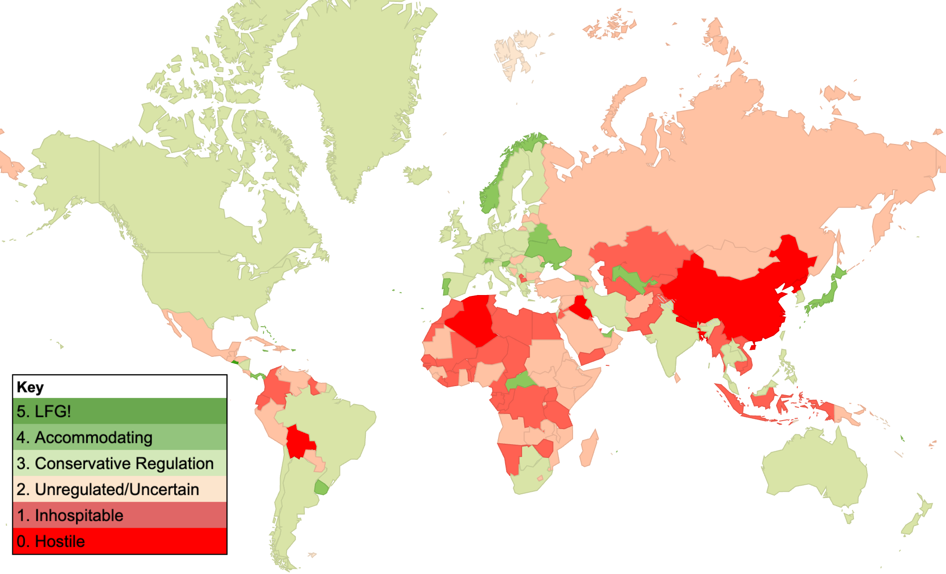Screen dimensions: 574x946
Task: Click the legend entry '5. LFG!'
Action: pyautogui.click(x=119, y=411)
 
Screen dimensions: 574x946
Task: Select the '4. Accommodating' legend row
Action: pyautogui.click(x=119, y=437)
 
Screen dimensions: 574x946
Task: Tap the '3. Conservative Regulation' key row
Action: pyautogui.click(x=119, y=463)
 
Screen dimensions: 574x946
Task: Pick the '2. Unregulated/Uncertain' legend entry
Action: pyautogui.click(x=119, y=489)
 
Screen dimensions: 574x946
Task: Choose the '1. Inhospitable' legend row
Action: pyautogui.click(x=119, y=515)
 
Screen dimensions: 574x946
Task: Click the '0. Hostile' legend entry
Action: pyautogui.click(x=119, y=541)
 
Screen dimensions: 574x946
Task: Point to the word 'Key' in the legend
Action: pyautogui.click(x=30, y=387)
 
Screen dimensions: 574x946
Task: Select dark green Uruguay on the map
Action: pyautogui.click(x=321, y=488)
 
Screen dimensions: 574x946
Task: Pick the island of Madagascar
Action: pyautogui.click(x=588, y=448)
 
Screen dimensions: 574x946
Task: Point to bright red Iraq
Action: pyautogui.click(x=579, y=307)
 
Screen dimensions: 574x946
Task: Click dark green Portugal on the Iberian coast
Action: pyautogui.click(x=446, y=286)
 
